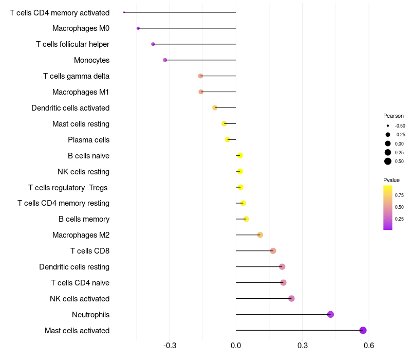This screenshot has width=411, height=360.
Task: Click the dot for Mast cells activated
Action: tap(363, 330)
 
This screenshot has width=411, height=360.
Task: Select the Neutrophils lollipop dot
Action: tap(330, 314)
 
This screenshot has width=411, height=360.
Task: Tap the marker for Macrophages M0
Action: tap(138, 28)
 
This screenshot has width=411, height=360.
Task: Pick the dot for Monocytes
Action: tap(165, 60)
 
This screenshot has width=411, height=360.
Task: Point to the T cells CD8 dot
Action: tap(273, 251)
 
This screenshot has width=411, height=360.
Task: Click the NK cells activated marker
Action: tap(291, 298)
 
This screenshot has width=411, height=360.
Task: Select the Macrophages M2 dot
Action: tap(260, 235)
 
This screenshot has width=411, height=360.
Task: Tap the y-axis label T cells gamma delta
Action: tap(76, 76)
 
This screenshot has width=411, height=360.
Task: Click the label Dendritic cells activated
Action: tap(70, 108)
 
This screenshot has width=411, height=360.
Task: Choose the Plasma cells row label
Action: tap(88, 140)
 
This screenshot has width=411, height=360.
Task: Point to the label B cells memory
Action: tap(84, 219)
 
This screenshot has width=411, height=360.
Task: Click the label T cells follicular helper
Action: tap(72, 44)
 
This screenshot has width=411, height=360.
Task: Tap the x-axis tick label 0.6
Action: tap(368, 345)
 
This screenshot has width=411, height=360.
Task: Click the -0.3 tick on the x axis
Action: tap(170, 345)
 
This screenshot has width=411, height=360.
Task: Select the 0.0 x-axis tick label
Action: tap(236, 345)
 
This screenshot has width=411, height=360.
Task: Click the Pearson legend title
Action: tap(394, 116)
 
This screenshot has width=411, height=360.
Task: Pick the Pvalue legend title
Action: tap(391, 180)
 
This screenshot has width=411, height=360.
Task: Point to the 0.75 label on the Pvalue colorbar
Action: tap(399, 195)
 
